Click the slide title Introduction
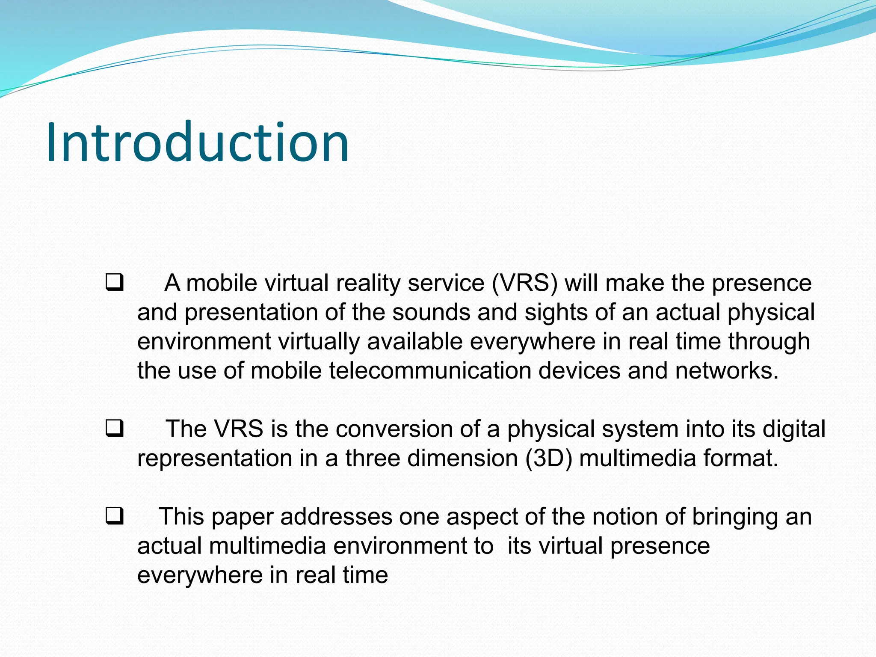pyautogui.click(x=198, y=142)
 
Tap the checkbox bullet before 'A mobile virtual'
pyautogui.click(x=115, y=283)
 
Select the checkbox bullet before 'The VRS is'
pyautogui.click(x=115, y=429)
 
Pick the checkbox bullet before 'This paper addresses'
pyautogui.click(x=115, y=516)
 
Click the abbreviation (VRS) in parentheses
pyautogui.click(x=525, y=283)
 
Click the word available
pyautogui.click(x=415, y=341)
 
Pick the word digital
pyautogui.click(x=794, y=429)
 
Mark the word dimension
pyautogui.click(x=463, y=458)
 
